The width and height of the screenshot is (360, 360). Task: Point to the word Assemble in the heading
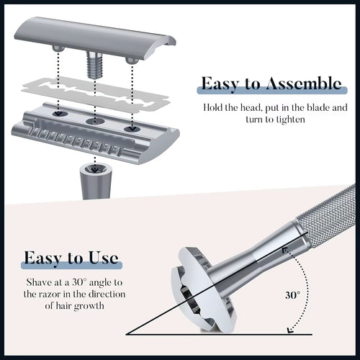click(302, 84)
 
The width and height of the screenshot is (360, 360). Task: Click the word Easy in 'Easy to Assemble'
click(220, 84)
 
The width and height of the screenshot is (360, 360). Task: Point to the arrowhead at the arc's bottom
click(289, 330)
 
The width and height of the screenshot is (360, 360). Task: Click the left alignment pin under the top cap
click(56, 48)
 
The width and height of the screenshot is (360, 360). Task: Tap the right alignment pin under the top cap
click(130, 60)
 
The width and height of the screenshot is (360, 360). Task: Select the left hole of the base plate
click(58, 113)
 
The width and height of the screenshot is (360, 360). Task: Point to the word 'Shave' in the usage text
click(37, 281)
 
